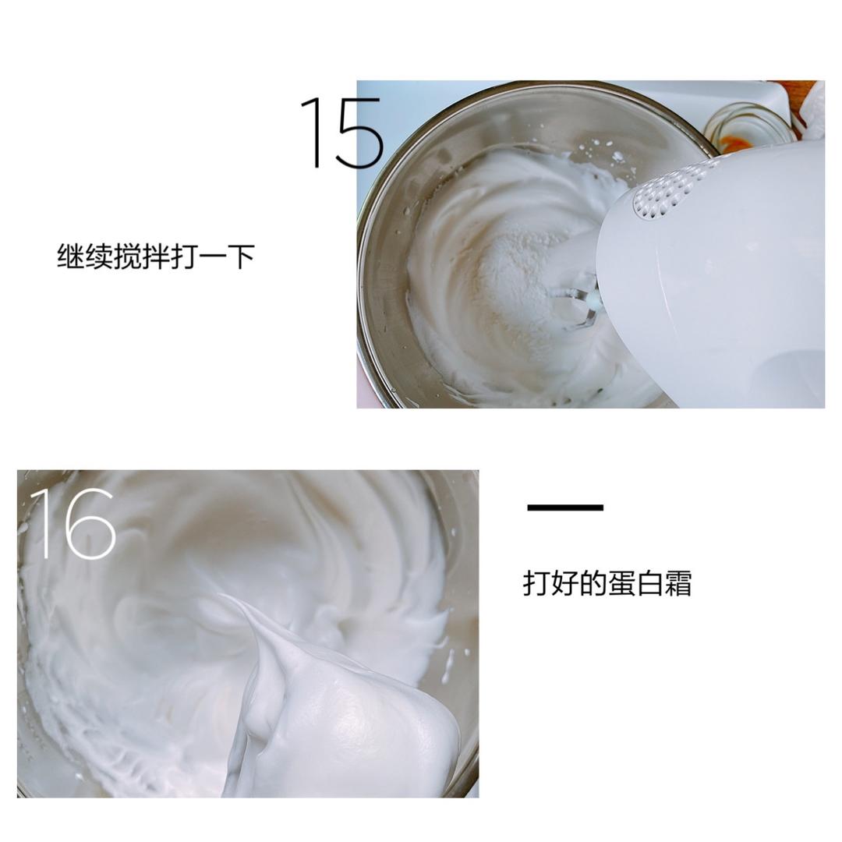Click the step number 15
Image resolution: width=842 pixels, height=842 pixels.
(x=341, y=133)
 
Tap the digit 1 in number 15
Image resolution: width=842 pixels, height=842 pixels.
(x=313, y=133)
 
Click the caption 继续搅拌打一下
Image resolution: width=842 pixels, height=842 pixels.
(x=156, y=256)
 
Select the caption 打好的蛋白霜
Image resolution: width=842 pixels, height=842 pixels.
(x=607, y=583)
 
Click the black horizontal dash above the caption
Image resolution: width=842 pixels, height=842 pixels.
(x=565, y=508)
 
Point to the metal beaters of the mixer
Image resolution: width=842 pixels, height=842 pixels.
(x=577, y=300)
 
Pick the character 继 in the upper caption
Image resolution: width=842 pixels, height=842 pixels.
(x=71, y=256)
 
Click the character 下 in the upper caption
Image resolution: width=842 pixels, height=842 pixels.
(x=241, y=256)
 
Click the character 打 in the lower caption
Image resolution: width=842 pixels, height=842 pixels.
(x=536, y=583)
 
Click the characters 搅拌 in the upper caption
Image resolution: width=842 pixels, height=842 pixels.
(x=142, y=256)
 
